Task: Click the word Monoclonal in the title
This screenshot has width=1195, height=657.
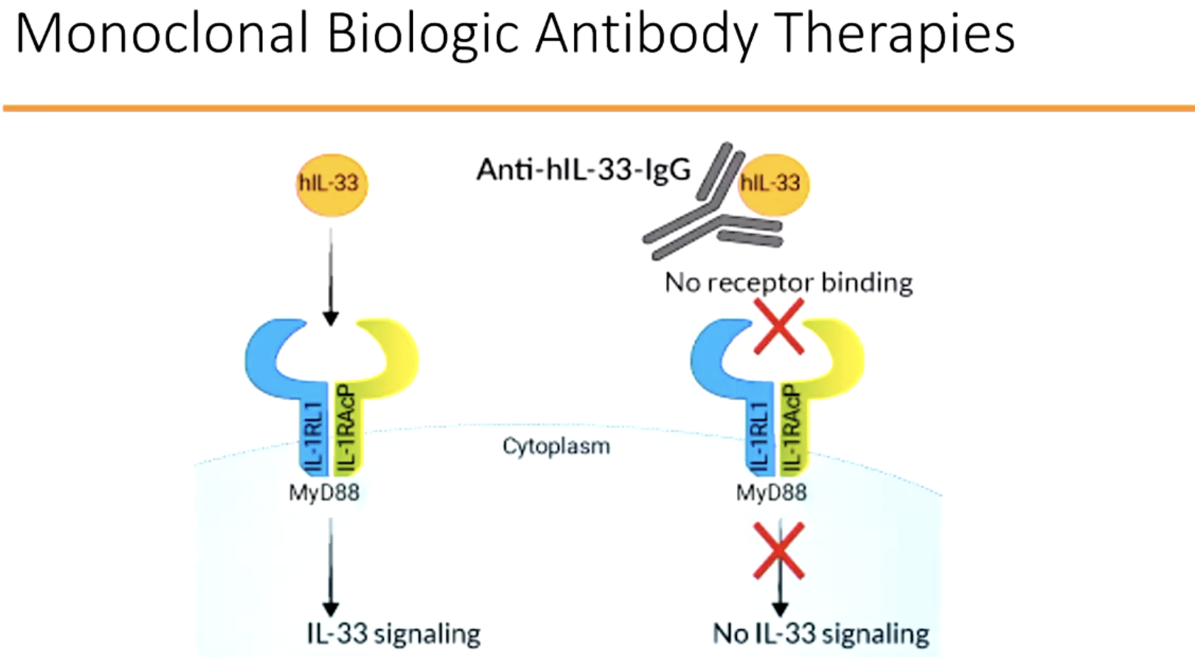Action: coord(161,33)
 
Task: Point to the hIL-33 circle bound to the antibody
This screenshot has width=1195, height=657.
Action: coord(771,183)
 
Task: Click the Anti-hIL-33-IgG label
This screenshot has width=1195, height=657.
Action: coord(583,170)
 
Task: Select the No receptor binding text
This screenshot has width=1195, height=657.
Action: coord(788,282)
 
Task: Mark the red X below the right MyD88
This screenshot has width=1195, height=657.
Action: coord(778,551)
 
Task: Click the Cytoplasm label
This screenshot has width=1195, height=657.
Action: coord(556,446)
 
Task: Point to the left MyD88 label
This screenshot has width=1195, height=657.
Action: coord(323,492)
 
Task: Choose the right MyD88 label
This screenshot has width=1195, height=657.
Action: coord(771,492)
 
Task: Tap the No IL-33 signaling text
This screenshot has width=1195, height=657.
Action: coord(821,633)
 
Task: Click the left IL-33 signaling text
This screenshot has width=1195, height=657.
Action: coord(393,633)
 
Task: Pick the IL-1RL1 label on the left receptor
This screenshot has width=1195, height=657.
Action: coord(315,437)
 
